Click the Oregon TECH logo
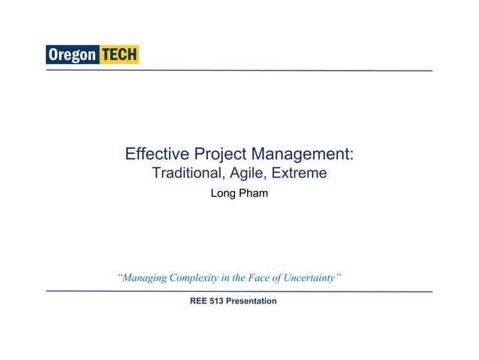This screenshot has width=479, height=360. (x=92, y=55)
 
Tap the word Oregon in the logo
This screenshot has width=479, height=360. (x=72, y=55)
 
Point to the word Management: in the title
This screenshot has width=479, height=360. (x=303, y=155)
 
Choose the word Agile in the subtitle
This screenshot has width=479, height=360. (x=248, y=174)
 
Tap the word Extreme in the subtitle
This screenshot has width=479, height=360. (x=300, y=174)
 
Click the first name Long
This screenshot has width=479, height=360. (x=224, y=195)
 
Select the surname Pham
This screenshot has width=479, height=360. (x=254, y=195)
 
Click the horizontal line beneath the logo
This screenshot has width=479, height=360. (x=239, y=70)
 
